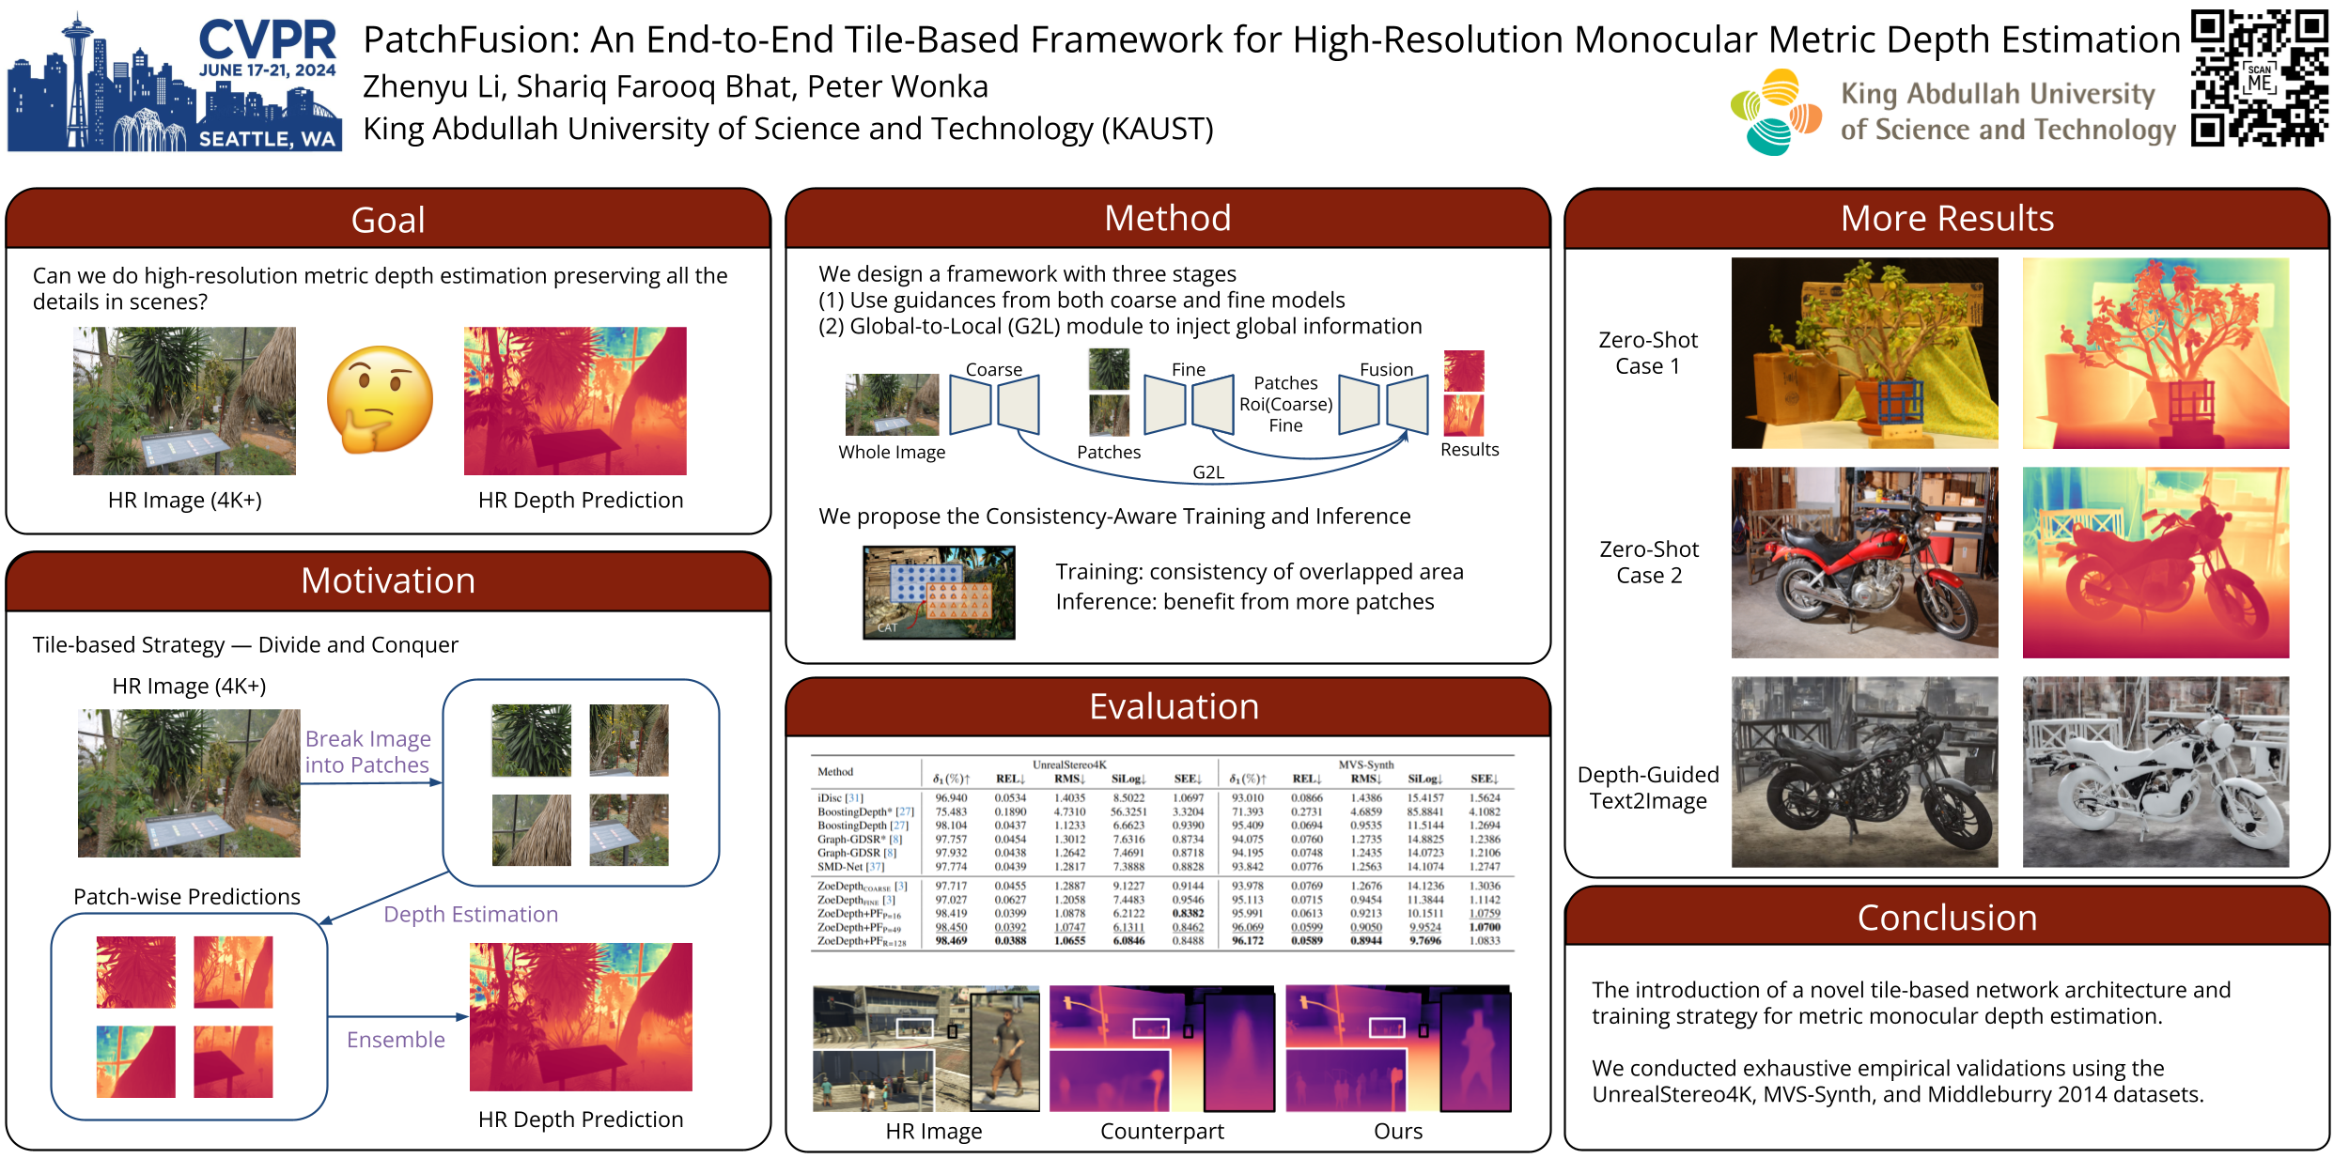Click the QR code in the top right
click(x=2259, y=78)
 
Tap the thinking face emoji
click(x=380, y=400)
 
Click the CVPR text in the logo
click(x=268, y=40)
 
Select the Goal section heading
click(x=388, y=220)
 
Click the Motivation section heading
click(x=388, y=580)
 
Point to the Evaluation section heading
click(x=1174, y=706)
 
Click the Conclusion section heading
click(x=1947, y=918)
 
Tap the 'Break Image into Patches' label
click(x=367, y=752)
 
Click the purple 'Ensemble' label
click(x=396, y=1040)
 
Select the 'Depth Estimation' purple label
click(x=471, y=914)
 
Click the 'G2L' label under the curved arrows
click(x=1208, y=472)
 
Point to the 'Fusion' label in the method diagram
click(x=1386, y=369)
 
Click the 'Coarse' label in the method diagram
click(x=994, y=369)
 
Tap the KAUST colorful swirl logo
click(x=1775, y=112)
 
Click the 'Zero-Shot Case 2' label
click(x=1649, y=562)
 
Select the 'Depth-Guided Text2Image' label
click(x=1648, y=787)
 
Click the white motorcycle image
click(x=2155, y=772)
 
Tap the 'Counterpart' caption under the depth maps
click(x=1161, y=1131)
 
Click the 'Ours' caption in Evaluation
click(x=1397, y=1131)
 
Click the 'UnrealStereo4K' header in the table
click(x=1069, y=765)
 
